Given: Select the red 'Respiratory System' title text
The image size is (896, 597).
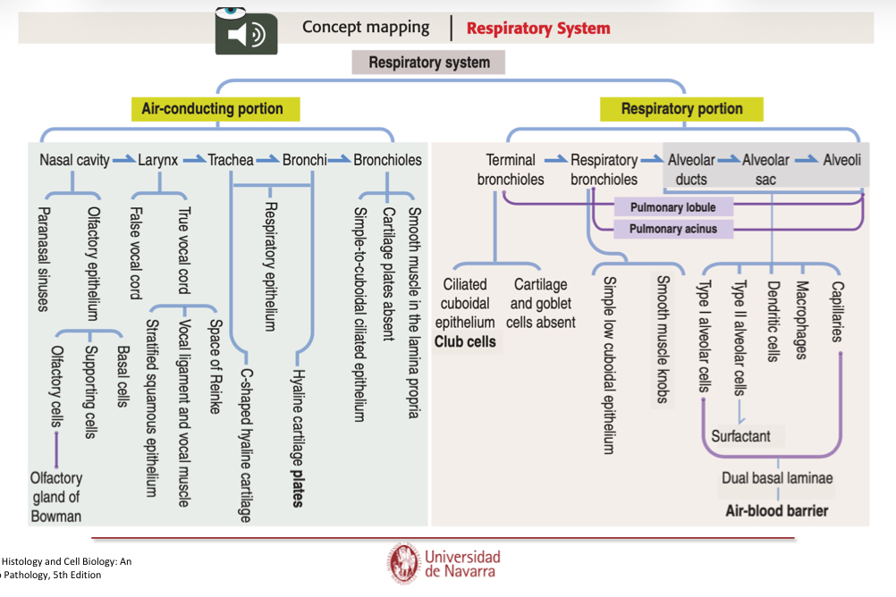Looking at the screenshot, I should (x=538, y=29).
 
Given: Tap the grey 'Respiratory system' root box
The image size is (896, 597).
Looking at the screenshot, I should (x=429, y=63).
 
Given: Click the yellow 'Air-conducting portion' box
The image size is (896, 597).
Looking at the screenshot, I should (x=212, y=109).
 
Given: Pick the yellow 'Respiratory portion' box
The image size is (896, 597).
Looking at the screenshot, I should (x=681, y=109).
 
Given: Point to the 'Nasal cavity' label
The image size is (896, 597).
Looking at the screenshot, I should (x=74, y=161).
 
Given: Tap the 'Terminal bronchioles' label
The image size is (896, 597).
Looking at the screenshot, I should (x=511, y=170).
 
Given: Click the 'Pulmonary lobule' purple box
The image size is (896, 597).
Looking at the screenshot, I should (x=672, y=208).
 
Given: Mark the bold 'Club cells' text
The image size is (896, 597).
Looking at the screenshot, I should (x=465, y=341).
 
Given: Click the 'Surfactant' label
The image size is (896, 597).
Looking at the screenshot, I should (x=740, y=436).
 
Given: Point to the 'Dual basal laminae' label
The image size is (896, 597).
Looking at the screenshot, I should (x=776, y=478).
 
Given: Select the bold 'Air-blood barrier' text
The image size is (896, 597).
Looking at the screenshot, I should (x=776, y=511).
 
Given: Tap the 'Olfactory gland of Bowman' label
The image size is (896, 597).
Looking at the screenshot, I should (x=55, y=497).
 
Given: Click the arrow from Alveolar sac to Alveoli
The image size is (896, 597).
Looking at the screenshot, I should (x=807, y=161).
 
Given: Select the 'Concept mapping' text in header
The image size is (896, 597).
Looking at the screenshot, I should (x=365, y=28).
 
